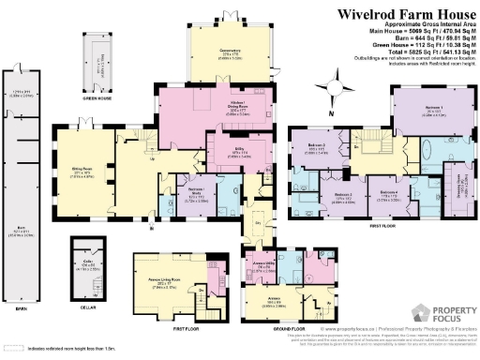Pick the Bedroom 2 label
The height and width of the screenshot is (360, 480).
click(x=316, y=146)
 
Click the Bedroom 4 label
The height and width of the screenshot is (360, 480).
click(x=388, y=194)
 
